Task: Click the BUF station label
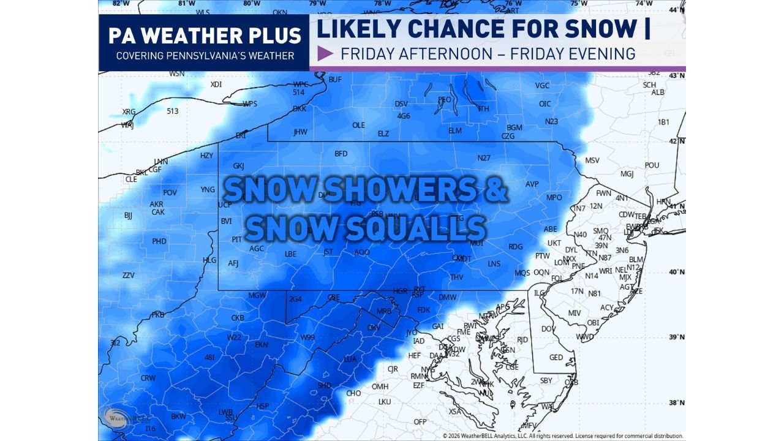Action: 335,80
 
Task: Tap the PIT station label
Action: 237,239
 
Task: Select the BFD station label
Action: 341,154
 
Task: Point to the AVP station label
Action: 532,184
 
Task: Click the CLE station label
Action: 131,179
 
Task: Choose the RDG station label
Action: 516,247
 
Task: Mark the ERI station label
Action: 241,136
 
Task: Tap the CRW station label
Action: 148,379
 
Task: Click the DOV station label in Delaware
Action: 549,329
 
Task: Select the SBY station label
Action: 546,380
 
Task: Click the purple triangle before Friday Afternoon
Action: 326,53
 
